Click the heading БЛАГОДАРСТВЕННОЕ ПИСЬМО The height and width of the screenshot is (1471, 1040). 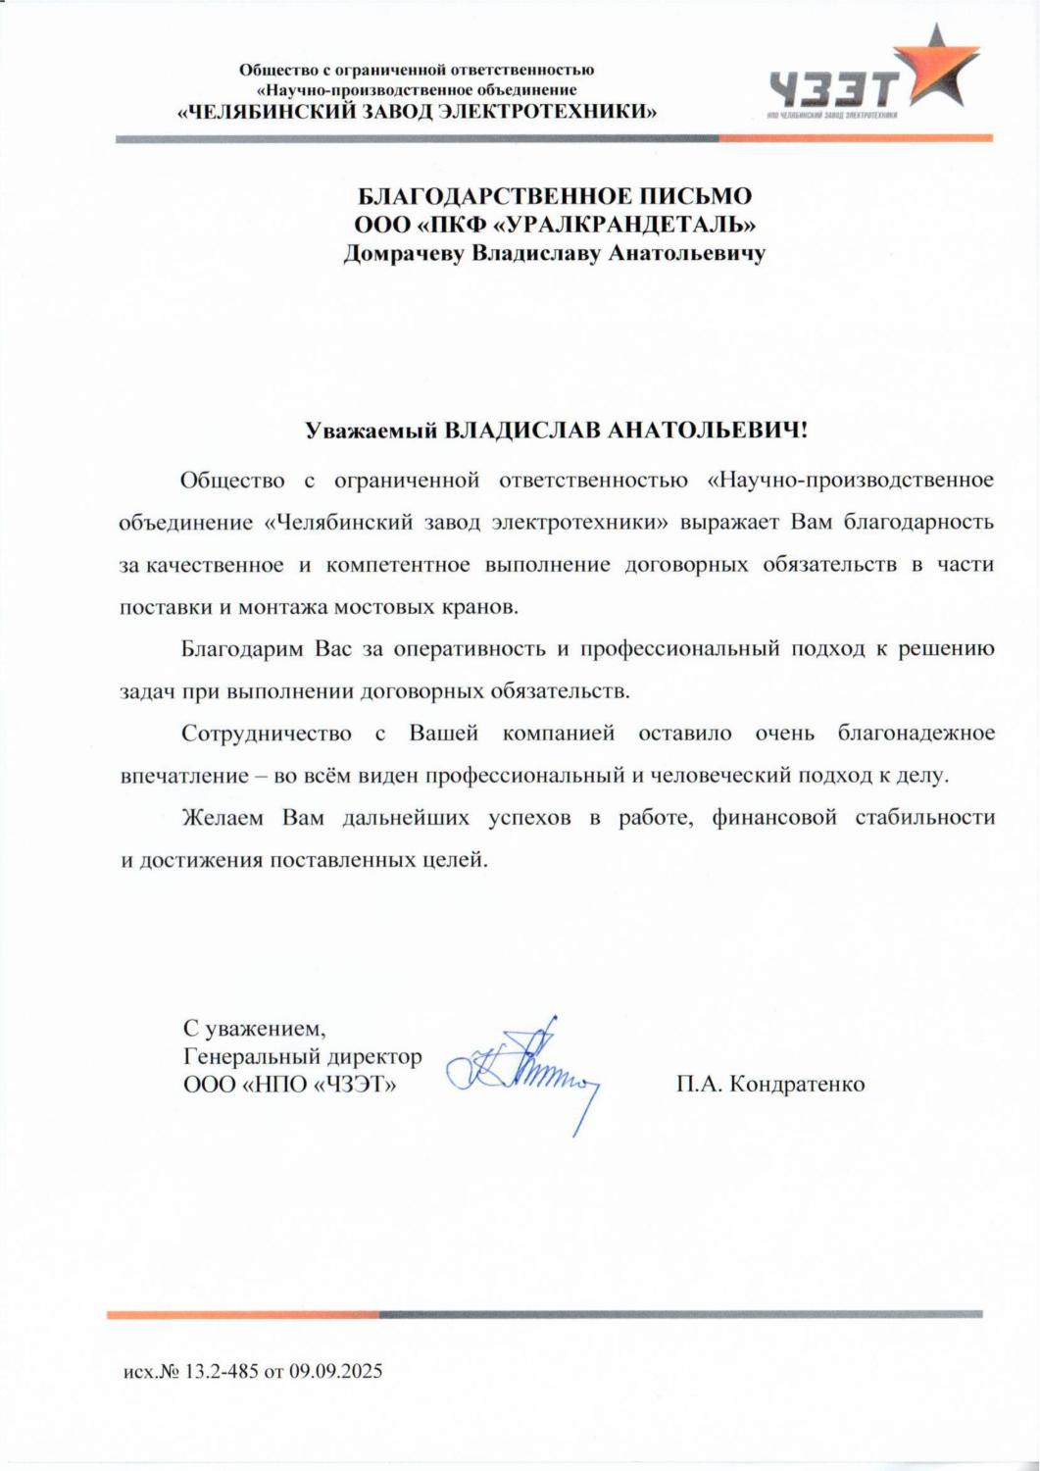(x=554, y=195)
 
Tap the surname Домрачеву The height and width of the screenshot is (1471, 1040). (x=404, y=254)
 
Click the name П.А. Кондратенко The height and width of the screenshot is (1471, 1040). (x=769, y=1084)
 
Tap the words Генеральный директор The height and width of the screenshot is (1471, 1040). (x=303, y=1057)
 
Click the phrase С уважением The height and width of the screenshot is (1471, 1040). (x=254, y=1030)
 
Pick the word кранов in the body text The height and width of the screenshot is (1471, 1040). (x=483, y=607)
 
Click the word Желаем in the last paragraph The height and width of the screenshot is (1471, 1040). (x=223, y=818)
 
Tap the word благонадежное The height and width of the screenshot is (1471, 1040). (x=916, y=734)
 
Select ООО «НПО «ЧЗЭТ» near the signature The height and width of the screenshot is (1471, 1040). (x=290, y=1085)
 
